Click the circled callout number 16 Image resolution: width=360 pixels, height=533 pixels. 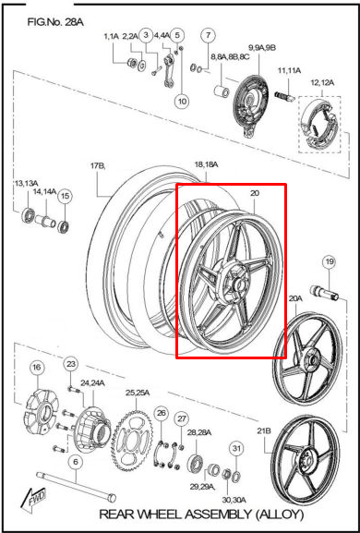coord(37,367)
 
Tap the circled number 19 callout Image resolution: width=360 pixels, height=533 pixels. coord(330,261)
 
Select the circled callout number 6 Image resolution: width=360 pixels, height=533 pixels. coord(76,462)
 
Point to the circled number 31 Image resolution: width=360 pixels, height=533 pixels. coord(236,448)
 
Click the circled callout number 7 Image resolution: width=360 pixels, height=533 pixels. coord(209,35)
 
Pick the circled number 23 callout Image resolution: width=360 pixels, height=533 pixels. coord(71,364)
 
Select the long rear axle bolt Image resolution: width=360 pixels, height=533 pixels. coord(76,486)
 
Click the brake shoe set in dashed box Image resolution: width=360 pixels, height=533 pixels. coord(319,125)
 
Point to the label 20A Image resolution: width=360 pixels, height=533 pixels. coord(295,298)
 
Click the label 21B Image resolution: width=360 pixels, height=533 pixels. coord(264,431)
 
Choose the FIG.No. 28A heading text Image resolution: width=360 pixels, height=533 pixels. coord(55,23)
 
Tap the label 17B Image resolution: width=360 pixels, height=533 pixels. coord(98,166)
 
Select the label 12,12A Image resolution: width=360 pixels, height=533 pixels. coord(323,82)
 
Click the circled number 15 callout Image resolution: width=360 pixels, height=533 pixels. coord(65,196)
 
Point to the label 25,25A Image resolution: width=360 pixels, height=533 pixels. coord(138,393)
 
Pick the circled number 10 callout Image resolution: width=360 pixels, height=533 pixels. coord(182,101)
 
